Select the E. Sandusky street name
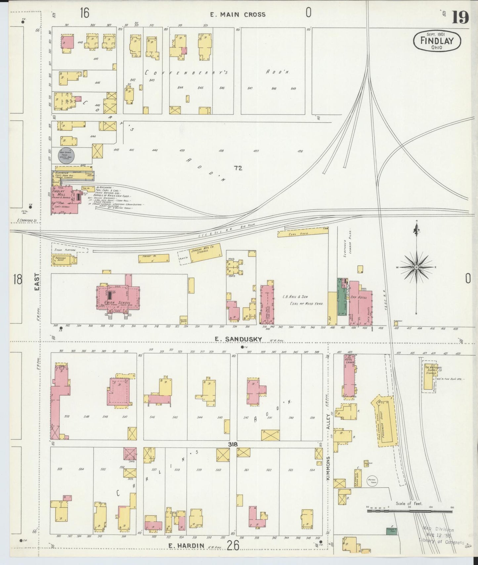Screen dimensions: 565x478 [239, 339]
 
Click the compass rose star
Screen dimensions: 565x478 [416, 267]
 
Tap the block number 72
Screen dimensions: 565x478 [238, 168]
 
